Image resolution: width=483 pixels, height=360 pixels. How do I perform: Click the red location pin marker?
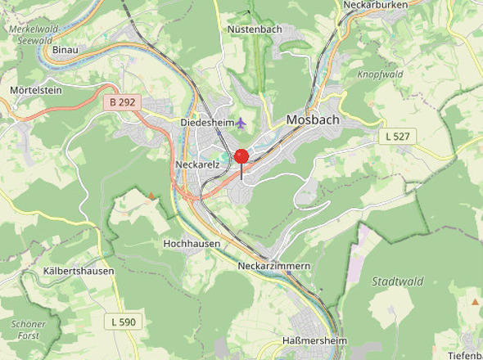(241, 157)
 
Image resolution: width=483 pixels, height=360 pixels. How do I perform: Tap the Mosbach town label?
(312, 120)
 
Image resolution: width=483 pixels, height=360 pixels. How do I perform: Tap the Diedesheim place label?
(206, 123)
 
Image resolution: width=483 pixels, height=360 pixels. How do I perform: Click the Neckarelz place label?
(195, 164)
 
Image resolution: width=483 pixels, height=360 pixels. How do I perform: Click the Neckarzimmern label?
(274, 267)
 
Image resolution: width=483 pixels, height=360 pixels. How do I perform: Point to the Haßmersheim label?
(314, 341)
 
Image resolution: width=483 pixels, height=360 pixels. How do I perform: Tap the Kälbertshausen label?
(79, 271)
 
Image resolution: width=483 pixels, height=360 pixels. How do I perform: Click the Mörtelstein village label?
(36, 89)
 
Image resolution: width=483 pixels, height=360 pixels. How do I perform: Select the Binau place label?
(65, 50)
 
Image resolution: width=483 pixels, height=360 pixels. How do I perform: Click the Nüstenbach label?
(253, 29)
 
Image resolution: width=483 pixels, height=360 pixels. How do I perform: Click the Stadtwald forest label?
(398, 281)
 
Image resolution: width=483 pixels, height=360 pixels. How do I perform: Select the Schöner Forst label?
(28, 329)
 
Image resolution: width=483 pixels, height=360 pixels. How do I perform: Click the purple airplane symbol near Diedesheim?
(241, 123)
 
